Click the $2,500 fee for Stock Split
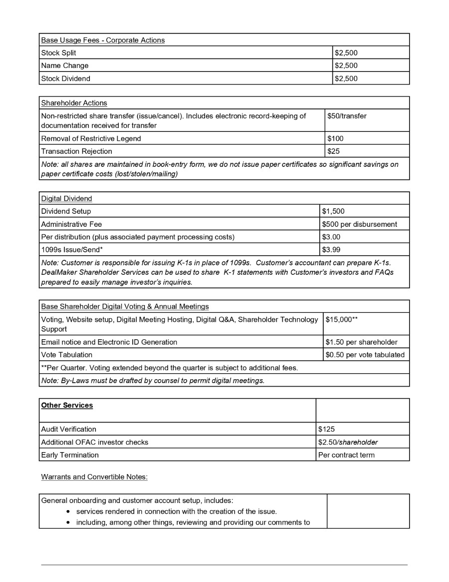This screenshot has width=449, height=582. tap(346, 53)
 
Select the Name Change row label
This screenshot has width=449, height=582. tap(65, 65)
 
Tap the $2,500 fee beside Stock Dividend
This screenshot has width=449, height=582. tap(346, 78)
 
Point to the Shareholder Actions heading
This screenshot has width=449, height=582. tap(74, 103)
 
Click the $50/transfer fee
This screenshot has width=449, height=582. tap(347, 116)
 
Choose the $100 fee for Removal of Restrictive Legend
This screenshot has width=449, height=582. tap(335, 138)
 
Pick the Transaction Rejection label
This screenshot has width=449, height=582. tap(77, 151)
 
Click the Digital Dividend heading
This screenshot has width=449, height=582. tap(66, 198)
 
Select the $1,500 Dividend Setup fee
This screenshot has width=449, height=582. tap(333, 211)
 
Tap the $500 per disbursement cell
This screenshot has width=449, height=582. tap(360, 224)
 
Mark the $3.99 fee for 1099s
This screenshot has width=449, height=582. tap(331, 249)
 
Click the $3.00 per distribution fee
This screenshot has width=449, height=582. tap(331, 237)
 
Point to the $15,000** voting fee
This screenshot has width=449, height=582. tap(342, 319)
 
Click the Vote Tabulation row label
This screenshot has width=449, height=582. tap(67, 355)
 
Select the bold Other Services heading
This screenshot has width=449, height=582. tap(67, 405)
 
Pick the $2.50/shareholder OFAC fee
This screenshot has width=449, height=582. tap(348, 442)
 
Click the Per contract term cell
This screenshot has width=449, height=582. tap(346, 455)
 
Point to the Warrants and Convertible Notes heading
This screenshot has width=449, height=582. tap(94, 477)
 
